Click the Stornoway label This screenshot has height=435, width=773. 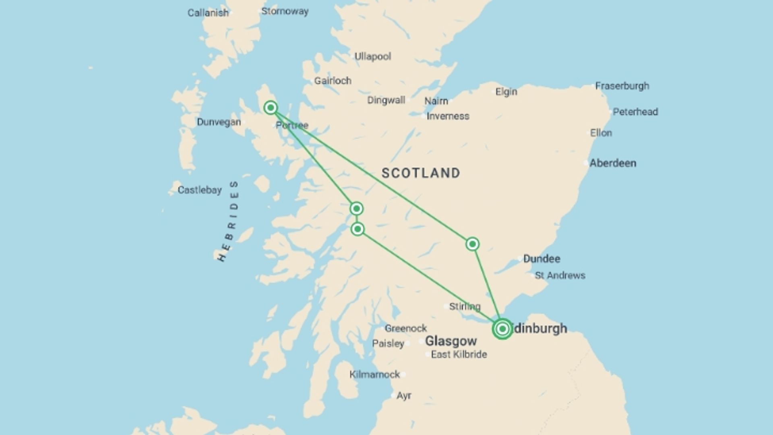click(285, 11)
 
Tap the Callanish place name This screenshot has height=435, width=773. click(208, 13)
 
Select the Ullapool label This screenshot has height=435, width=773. click(372, 56)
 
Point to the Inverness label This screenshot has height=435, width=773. click(448, 116)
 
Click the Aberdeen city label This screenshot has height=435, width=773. click(613, 163)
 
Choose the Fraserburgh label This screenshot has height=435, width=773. click(622, 86)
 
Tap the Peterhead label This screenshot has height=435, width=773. click(635, 112)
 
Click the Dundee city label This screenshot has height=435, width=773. click(542, 259)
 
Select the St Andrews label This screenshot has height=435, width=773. click(560, 275)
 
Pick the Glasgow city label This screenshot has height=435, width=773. click(451, 341)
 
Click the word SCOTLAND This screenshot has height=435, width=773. click(421, 173)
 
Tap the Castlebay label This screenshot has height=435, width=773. click(200, 190)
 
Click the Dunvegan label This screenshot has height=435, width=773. click(219, 122)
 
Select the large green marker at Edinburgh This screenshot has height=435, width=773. click(502, 329)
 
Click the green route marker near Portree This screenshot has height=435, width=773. click(271, 108)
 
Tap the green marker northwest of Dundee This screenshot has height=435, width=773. click(472, 244)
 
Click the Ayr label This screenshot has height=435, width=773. click(404, 396)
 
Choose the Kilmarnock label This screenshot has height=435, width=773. click(374, 375)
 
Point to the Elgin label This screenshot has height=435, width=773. click(506, 92)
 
